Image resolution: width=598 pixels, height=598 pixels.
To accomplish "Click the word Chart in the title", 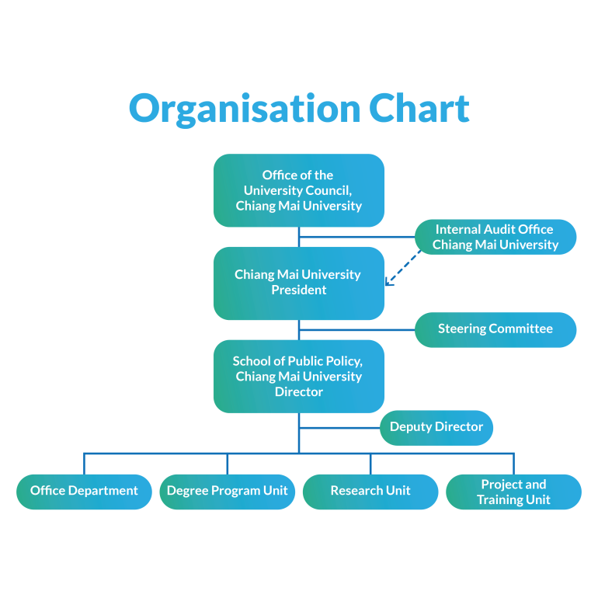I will [419, 109].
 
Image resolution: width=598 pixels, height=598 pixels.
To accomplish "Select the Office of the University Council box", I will [299, 190].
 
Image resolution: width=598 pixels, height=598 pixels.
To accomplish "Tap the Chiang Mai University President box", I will [299, 283].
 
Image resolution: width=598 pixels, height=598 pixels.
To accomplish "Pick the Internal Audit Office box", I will [495, 237].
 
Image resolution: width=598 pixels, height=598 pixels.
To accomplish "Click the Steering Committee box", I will [495, 329].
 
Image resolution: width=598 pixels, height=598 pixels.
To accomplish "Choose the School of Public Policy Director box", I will [299, 376].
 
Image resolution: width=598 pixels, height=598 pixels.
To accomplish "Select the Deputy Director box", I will [436, 427].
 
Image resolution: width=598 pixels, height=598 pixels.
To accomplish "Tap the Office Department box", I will [84, 491].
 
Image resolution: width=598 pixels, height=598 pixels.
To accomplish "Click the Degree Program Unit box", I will [227, 491].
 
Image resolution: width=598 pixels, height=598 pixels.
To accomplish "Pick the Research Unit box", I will [370, 491].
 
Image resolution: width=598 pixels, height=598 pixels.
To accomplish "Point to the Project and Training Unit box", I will [513, 492].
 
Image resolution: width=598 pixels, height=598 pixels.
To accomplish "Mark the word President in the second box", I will [299, 290].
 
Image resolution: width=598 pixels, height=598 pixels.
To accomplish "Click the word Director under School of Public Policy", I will [299, 392].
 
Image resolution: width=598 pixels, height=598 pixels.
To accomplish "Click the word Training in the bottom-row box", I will [502, 500].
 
